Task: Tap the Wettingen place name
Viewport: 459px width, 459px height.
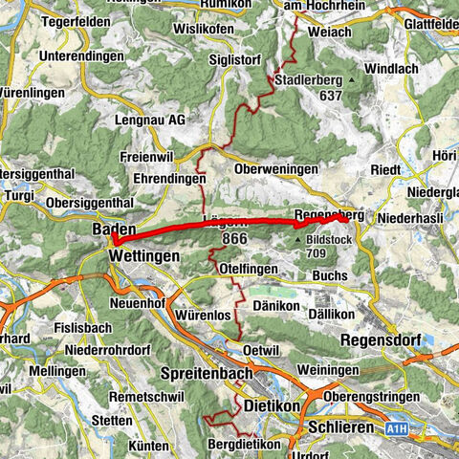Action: click(x=142, y=257)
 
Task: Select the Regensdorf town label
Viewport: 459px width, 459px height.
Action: click(x=382, y=339)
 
